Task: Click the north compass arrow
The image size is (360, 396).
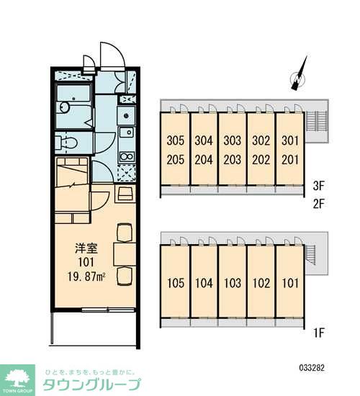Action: point(299,73)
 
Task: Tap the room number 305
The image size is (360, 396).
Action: point(176,140)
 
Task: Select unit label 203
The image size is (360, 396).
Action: point(233,160)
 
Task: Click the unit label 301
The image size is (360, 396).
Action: point(290,140)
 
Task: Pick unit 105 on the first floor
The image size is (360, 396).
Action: point(176,283)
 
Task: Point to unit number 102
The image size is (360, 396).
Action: point(261,283)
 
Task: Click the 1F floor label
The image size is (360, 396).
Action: point(318,333)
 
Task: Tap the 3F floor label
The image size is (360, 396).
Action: point(318,186)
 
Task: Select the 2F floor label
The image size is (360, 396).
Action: point(318,204)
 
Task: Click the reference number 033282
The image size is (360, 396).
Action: point(312,367)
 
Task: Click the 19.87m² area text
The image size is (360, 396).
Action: point(86,276)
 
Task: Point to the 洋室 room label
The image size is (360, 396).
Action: point(86,248)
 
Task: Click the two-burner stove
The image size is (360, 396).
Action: point(127,156)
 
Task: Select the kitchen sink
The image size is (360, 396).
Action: point(126,132)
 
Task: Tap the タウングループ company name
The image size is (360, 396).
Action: point(91,385)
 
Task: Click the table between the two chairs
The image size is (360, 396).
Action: point(125,254)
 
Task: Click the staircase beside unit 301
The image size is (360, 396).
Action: point(317,121)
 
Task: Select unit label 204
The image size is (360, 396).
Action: point(204,160)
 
